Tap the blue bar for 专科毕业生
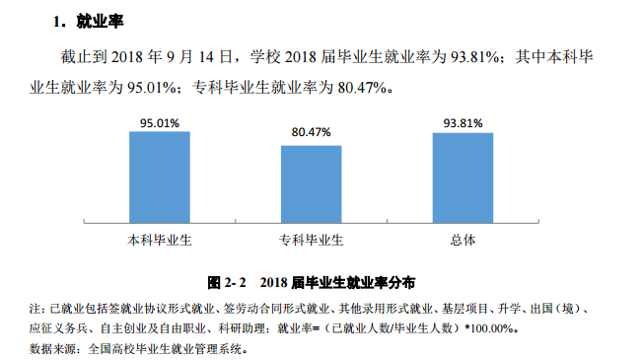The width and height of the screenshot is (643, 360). click(x=311, y=187)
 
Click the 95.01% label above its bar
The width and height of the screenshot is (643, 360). click(x=159, y=123)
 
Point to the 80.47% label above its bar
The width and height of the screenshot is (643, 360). click(x=311, y=132)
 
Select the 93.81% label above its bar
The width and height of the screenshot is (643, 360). click(x=463, y=123)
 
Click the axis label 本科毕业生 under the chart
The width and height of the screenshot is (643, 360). click(x=159, y=241)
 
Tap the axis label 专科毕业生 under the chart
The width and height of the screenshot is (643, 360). click(x=311, y=241)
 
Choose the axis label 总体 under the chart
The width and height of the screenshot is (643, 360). click(x=463, y=241)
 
